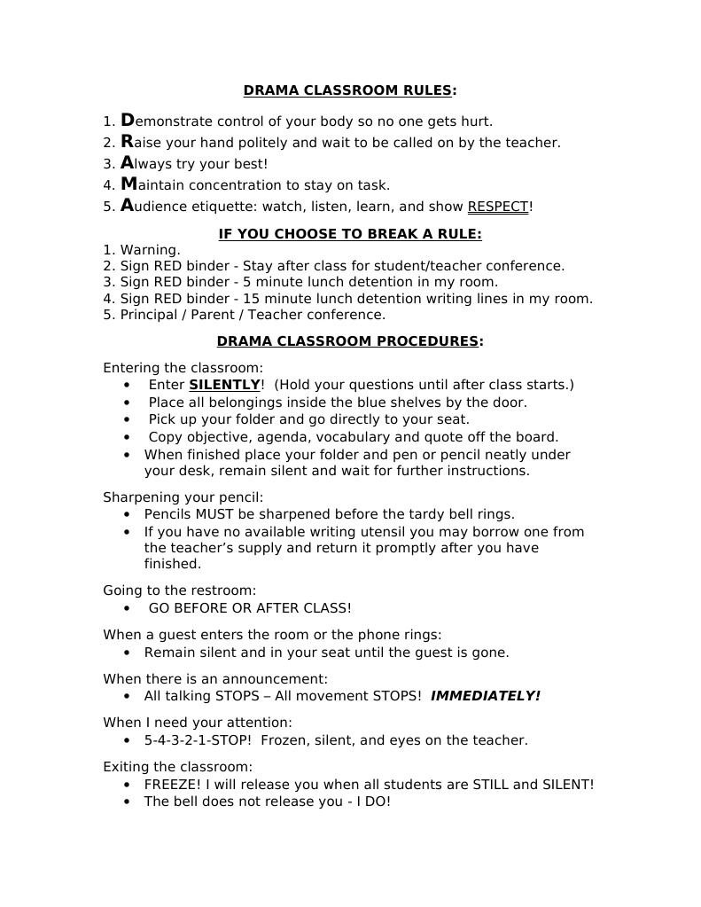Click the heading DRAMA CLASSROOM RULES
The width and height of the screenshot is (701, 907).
(350, 90)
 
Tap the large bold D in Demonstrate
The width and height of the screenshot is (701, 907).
(127, 121)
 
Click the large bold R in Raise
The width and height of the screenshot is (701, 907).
(127, 142)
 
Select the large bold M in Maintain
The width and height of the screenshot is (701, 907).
(129, 184)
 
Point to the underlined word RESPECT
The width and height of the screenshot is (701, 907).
(497, 207)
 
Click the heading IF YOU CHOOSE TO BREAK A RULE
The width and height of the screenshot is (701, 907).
(350, 234)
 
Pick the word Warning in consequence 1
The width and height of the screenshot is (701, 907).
(150, 250)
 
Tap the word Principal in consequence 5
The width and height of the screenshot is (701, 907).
(151, 315)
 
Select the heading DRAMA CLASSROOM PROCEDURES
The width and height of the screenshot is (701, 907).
(350, 341)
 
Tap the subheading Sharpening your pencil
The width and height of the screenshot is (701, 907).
(183, 497)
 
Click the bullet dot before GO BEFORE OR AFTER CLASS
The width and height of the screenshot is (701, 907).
(129, 608)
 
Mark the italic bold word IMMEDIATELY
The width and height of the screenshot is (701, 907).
(485, 696)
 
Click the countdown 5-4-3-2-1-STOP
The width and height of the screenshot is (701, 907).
(198, 740)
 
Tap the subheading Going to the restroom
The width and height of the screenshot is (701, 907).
(180, 590)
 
